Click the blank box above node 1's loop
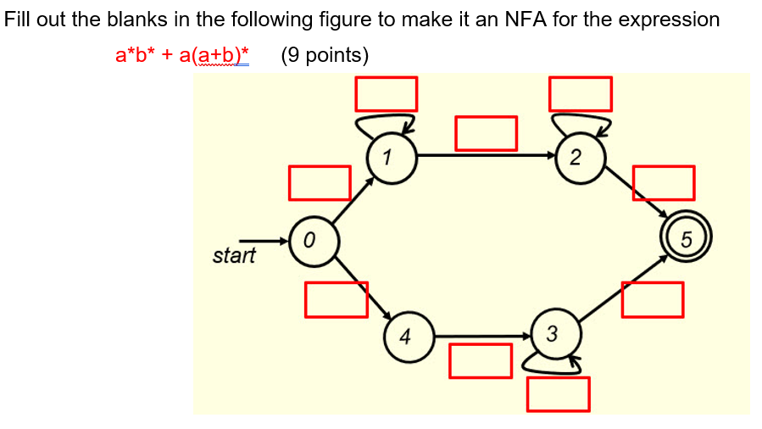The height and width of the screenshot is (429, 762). coord(387,93)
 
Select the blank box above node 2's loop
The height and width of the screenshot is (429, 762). coord(581,93)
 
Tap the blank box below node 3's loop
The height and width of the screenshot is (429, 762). coord(558,393)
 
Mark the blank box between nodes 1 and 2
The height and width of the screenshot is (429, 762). coord(486,132)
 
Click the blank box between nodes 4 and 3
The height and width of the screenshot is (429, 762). coord(480,360)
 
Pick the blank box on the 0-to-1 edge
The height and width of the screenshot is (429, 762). coord(320,183)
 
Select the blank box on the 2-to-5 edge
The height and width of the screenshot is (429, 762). coord(664,183)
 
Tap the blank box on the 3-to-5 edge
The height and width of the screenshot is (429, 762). coord(652,299)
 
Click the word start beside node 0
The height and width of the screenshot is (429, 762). coord(233,255)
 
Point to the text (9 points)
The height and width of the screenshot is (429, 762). coord(325,56)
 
